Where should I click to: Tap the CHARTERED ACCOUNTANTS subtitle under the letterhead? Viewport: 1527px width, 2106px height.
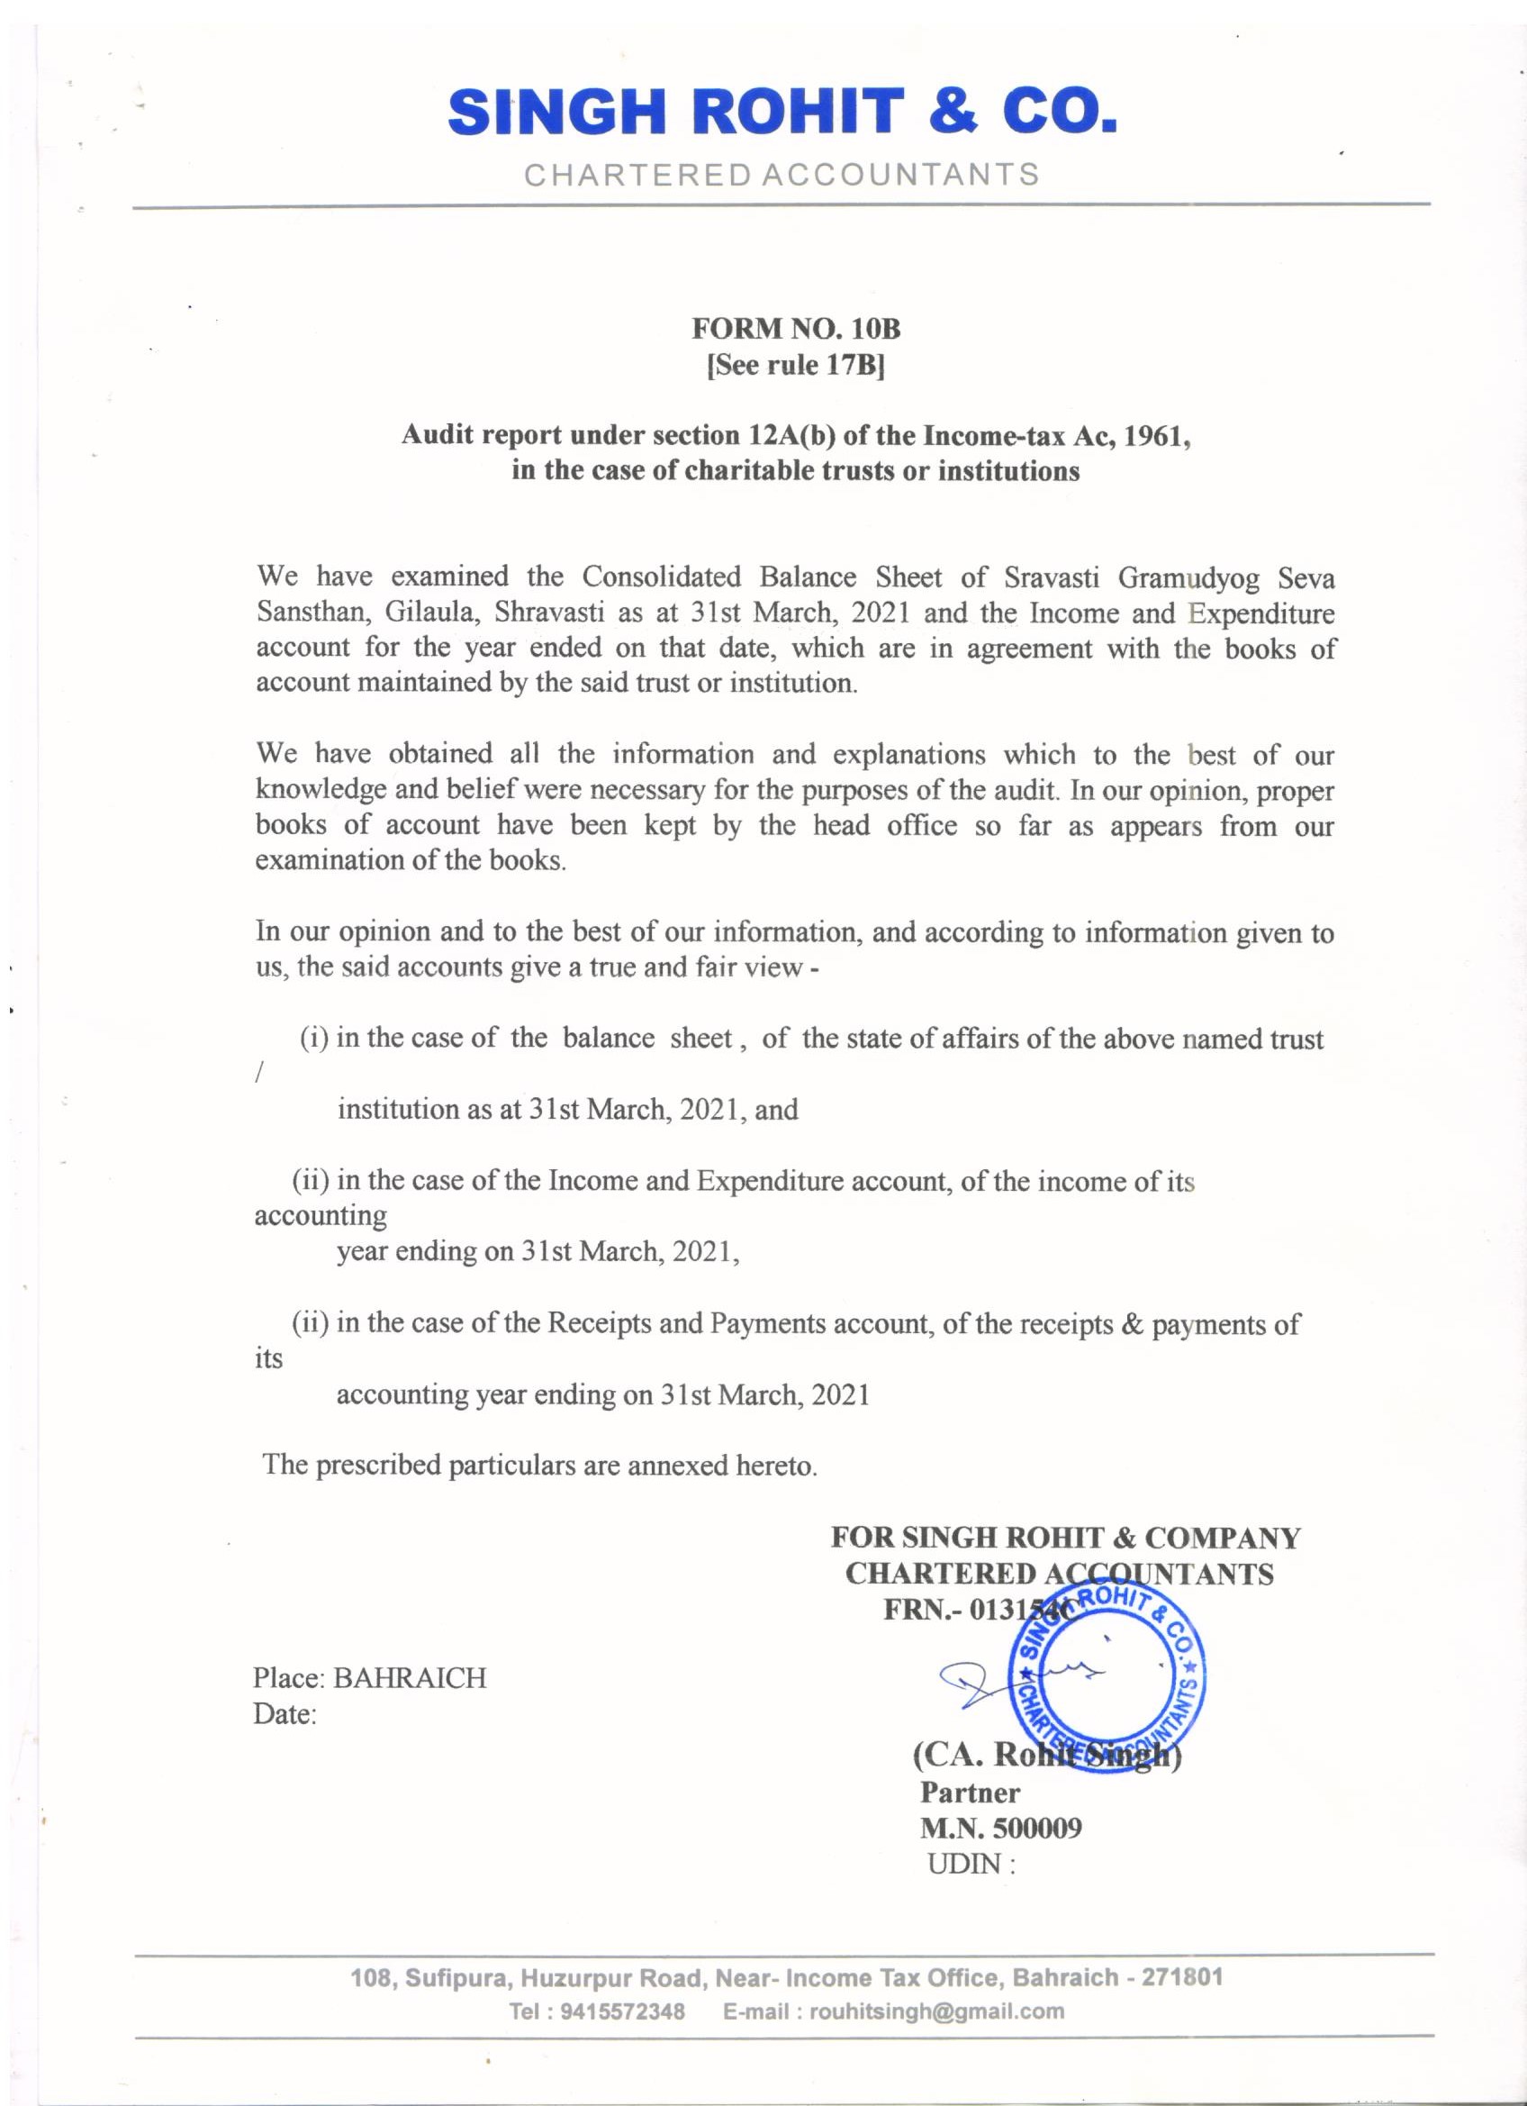(782, 175)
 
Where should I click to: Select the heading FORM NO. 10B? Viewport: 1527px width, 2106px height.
(797, 330)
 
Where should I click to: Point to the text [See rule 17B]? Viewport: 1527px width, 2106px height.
(797, 368)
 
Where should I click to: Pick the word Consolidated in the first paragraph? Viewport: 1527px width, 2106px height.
(661, 577)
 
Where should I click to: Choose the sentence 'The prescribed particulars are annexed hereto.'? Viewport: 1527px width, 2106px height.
(540, 1466)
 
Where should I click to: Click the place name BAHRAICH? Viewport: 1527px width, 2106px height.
(410, 1678)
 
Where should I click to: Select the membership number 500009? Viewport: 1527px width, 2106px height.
(1037, 1829)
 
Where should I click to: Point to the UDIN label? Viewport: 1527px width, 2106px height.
(965, 1864)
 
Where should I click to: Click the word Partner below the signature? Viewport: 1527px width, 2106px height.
(969, 1793)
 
